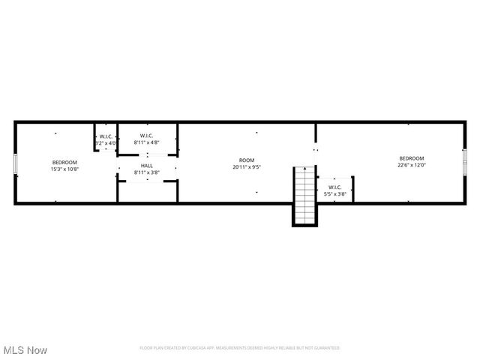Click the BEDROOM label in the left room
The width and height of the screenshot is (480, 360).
point(64,163)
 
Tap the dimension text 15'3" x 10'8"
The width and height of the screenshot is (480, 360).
point(64,169)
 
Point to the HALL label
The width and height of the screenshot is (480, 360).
point(147,166)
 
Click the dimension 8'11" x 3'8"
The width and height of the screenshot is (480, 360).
point(147,172)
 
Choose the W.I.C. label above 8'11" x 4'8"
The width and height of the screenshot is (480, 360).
point(147,136)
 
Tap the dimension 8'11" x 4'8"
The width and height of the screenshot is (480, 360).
point(147,142)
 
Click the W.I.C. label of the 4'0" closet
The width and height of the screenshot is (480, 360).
point(106,136)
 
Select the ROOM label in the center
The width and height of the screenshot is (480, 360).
point(247,160)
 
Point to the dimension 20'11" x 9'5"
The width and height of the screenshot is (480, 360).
point(247,166)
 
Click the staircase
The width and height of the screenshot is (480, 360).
point(304,196)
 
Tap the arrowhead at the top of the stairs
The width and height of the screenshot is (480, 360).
point(304,170)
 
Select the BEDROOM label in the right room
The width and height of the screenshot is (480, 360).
point(412,158)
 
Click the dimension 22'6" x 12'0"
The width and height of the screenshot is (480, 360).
point(412,165)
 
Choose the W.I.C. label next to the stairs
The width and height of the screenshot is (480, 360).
point(335,187)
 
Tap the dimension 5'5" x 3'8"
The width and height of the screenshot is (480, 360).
point(335,193)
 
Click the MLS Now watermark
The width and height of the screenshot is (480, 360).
point(25,350)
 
